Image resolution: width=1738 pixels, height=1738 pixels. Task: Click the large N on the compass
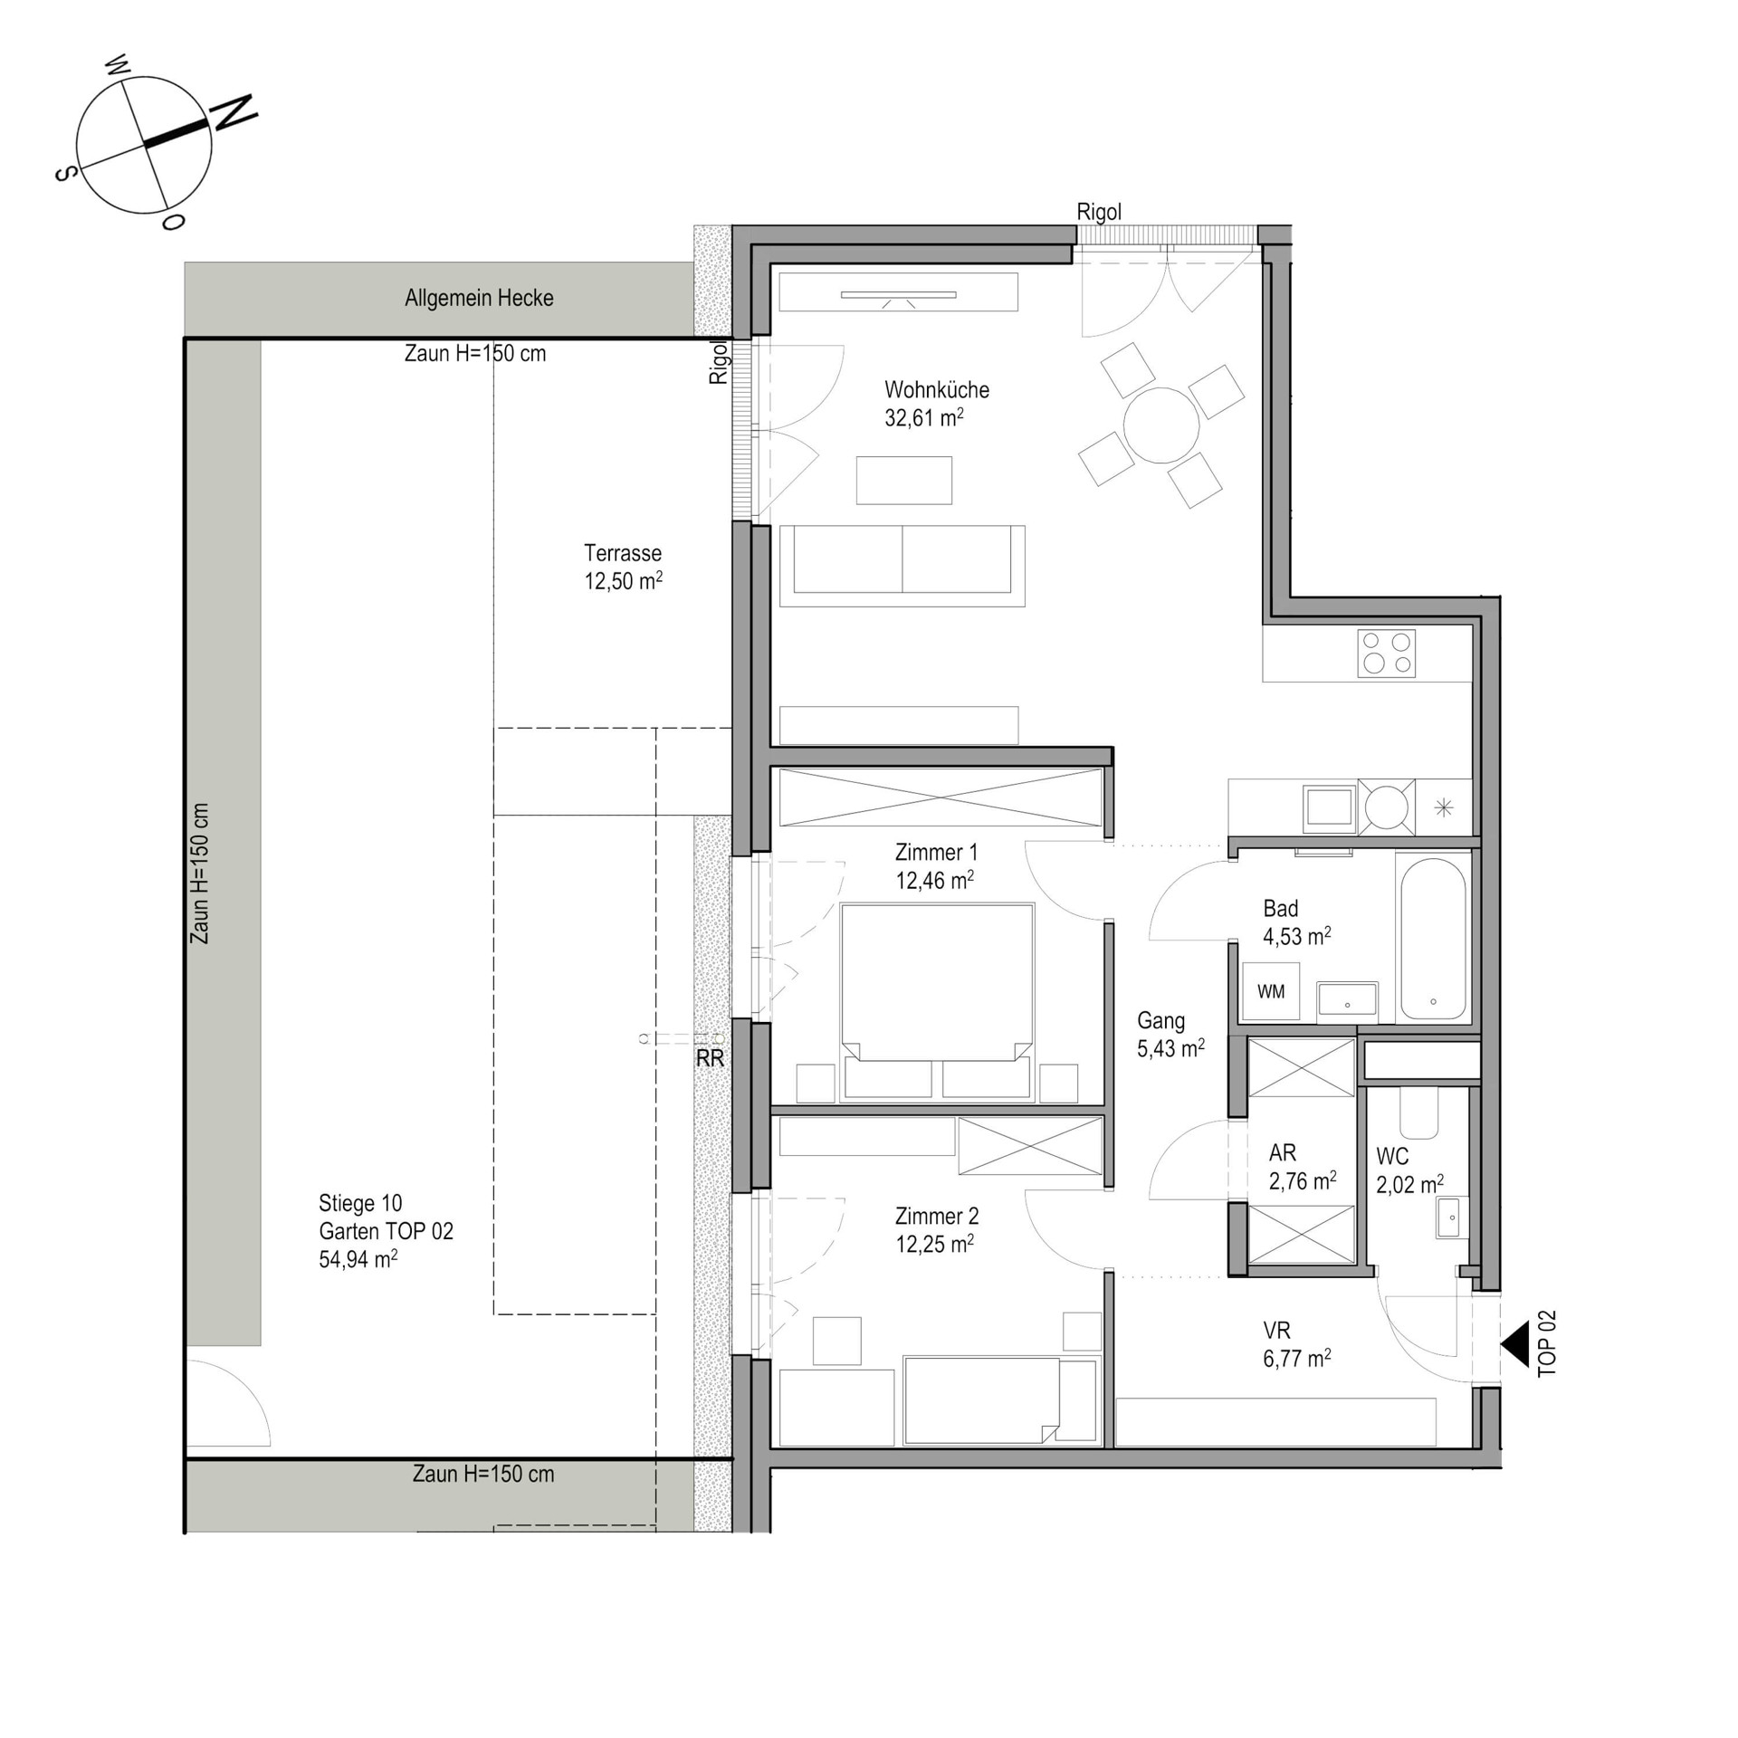click(234, 112)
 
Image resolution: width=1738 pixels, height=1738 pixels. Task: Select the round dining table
click(1161, 425)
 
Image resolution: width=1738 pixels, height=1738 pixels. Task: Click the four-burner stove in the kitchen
click(1386, 654)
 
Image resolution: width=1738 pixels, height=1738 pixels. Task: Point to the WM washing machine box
click(1271, 992)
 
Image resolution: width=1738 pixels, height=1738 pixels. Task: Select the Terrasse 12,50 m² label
click(623, 567)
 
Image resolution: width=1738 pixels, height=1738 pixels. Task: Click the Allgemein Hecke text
click(479, 298)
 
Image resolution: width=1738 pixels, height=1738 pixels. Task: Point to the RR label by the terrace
click(710, 1058)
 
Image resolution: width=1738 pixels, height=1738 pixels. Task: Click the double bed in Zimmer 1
click(937, 1002)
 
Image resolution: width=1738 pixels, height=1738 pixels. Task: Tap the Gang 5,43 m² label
click(1170, 1035)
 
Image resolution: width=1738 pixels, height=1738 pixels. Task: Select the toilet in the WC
click(1418, 1112)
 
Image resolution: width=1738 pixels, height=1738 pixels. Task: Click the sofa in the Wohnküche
click(902, 566)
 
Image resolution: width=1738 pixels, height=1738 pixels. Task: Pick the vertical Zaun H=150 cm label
click(200, 874)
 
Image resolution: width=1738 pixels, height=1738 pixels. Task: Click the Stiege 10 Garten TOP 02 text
click(386, 1231)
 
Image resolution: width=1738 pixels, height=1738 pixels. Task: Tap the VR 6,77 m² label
click(1296, 1344)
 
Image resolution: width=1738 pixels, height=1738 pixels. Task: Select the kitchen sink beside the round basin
click(1329, 806)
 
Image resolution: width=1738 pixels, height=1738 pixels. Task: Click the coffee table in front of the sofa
click(904, 480)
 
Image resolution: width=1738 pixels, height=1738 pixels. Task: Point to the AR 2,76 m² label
click(1302, 1167)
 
